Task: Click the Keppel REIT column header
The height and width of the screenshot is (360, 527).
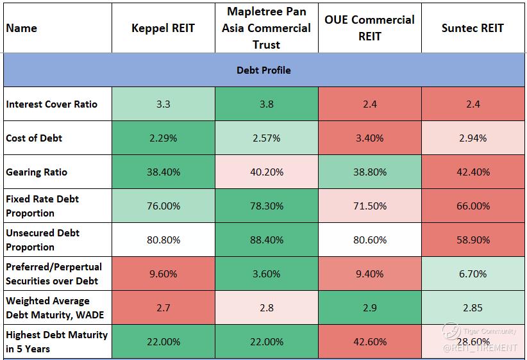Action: pyautogui.click(x=163, y=28)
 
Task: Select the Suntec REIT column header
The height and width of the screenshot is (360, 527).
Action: pyautogui.click(x=473, y=28)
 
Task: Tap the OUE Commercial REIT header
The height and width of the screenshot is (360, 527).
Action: pyautogui.click(x=369, y=28)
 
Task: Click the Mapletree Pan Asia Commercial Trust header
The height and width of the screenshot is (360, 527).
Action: pyautogui.click(x=266, y=28)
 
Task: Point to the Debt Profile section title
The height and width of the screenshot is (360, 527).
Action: pyautogui.click(x=263, y=70)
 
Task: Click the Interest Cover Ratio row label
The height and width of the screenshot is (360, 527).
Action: pyautogui.click(x=52, y=104)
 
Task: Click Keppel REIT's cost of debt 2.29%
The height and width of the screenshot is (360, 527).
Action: pyautogui.click(x=163, y=138)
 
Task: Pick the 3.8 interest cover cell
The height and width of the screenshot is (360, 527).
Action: pyautogui.click(x=266, y=104)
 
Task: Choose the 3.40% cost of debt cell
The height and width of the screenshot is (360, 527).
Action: pyautogui.click(x=369, y=138)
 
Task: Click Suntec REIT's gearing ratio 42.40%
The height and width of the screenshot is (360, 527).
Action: pyautogui.click(x=473, y=172)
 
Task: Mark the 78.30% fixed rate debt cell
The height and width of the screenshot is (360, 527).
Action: pyautogui.click(x=266, y=206)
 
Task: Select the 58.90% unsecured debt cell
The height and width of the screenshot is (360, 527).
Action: pyautogui.click(x=473, y=240)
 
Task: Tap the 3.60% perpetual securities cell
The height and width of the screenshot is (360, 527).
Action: pyautogui.click(x=266, y=274)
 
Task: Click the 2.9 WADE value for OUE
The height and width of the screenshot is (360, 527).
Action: pyautogui.click(x=369, y=307)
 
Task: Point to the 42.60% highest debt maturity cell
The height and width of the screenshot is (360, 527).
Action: pyautogui.click(x=369, y=341)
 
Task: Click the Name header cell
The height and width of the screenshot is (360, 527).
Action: pyautogui.click(x=22, y=28)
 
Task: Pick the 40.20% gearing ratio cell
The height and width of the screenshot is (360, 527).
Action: pyautogui.click(x=266, y=172)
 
